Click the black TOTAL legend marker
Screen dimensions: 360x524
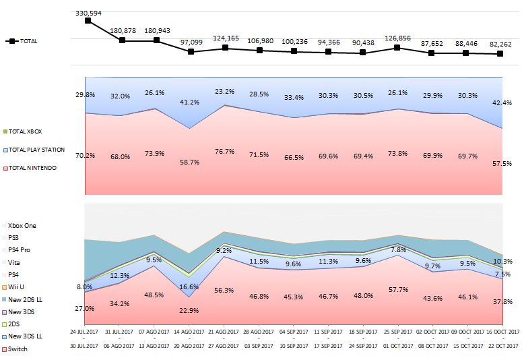[11, 41]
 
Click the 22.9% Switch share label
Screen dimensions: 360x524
[191, 310]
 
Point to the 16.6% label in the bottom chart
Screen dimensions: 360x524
[191, 287]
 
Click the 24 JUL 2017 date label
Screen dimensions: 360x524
[87, 332]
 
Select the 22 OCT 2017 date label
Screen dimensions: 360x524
[502, 346]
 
